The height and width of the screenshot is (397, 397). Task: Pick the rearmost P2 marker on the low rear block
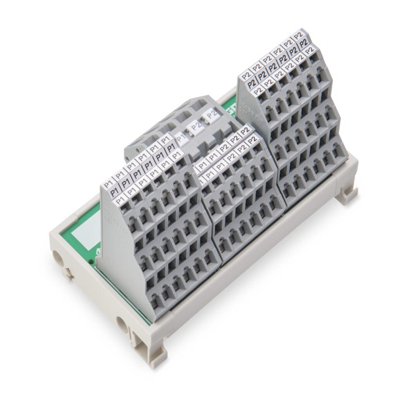[x=211, y=114]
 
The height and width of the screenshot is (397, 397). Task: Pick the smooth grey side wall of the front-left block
[x=119, y=251]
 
